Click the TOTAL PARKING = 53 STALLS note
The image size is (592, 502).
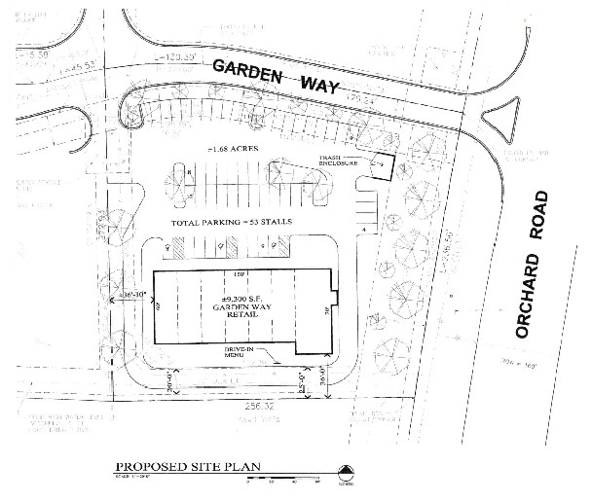click(x=233, y=224)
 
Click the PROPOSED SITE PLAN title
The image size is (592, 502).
click(x=181, y=468)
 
